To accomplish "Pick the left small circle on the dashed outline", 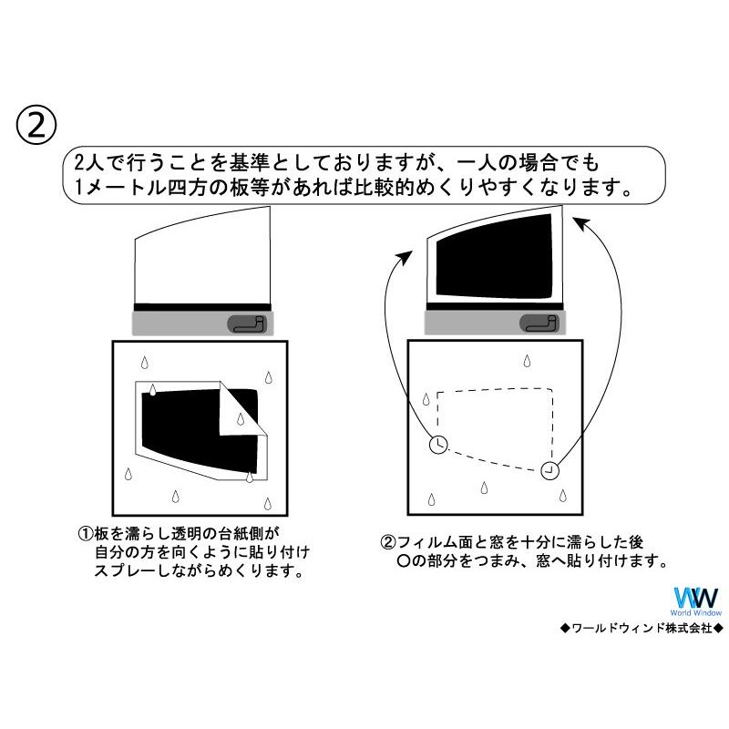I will (x=438, y=444).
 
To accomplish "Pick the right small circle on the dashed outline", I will (x=549, y=470).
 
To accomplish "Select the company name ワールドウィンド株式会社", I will (x=642, y=628).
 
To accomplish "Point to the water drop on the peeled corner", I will (x=241, y=419).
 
